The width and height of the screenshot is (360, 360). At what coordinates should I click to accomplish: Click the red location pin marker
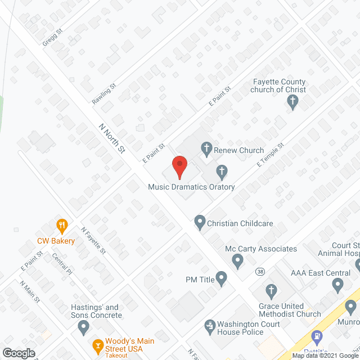(179, 166)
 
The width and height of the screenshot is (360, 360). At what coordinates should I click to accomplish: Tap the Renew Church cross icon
(206, 149)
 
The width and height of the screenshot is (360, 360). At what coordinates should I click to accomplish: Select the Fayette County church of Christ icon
(292, 102)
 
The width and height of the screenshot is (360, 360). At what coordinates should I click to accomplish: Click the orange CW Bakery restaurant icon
(62, 227)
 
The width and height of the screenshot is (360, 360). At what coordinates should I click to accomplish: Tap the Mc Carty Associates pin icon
(237, 261)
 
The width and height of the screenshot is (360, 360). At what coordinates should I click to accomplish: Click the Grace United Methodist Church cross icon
(271, 291)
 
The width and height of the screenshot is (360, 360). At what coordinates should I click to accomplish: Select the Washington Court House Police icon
(210, 325)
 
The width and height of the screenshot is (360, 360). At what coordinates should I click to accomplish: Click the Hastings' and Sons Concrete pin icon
(84, 326)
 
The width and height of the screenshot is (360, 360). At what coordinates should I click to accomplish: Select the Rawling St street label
(103, 94)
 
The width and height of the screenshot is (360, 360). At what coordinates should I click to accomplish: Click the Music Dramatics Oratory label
(191, 187)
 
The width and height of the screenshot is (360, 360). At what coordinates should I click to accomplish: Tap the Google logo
(19, 353)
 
